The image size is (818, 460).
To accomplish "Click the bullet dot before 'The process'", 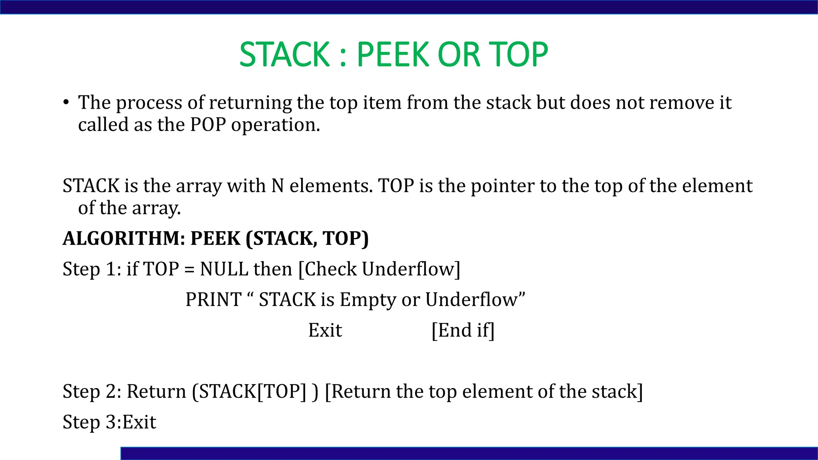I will point(66,103).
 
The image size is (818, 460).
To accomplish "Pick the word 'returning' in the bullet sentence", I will point(250,103).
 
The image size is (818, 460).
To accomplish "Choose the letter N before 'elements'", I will point(278,186).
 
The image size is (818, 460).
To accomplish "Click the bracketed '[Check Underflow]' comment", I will point(379,269).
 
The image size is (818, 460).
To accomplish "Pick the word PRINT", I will point(214,300).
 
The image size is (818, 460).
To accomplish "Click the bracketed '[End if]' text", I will point(463,331).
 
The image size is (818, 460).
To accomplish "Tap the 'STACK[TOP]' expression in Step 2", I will point(252,392).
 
